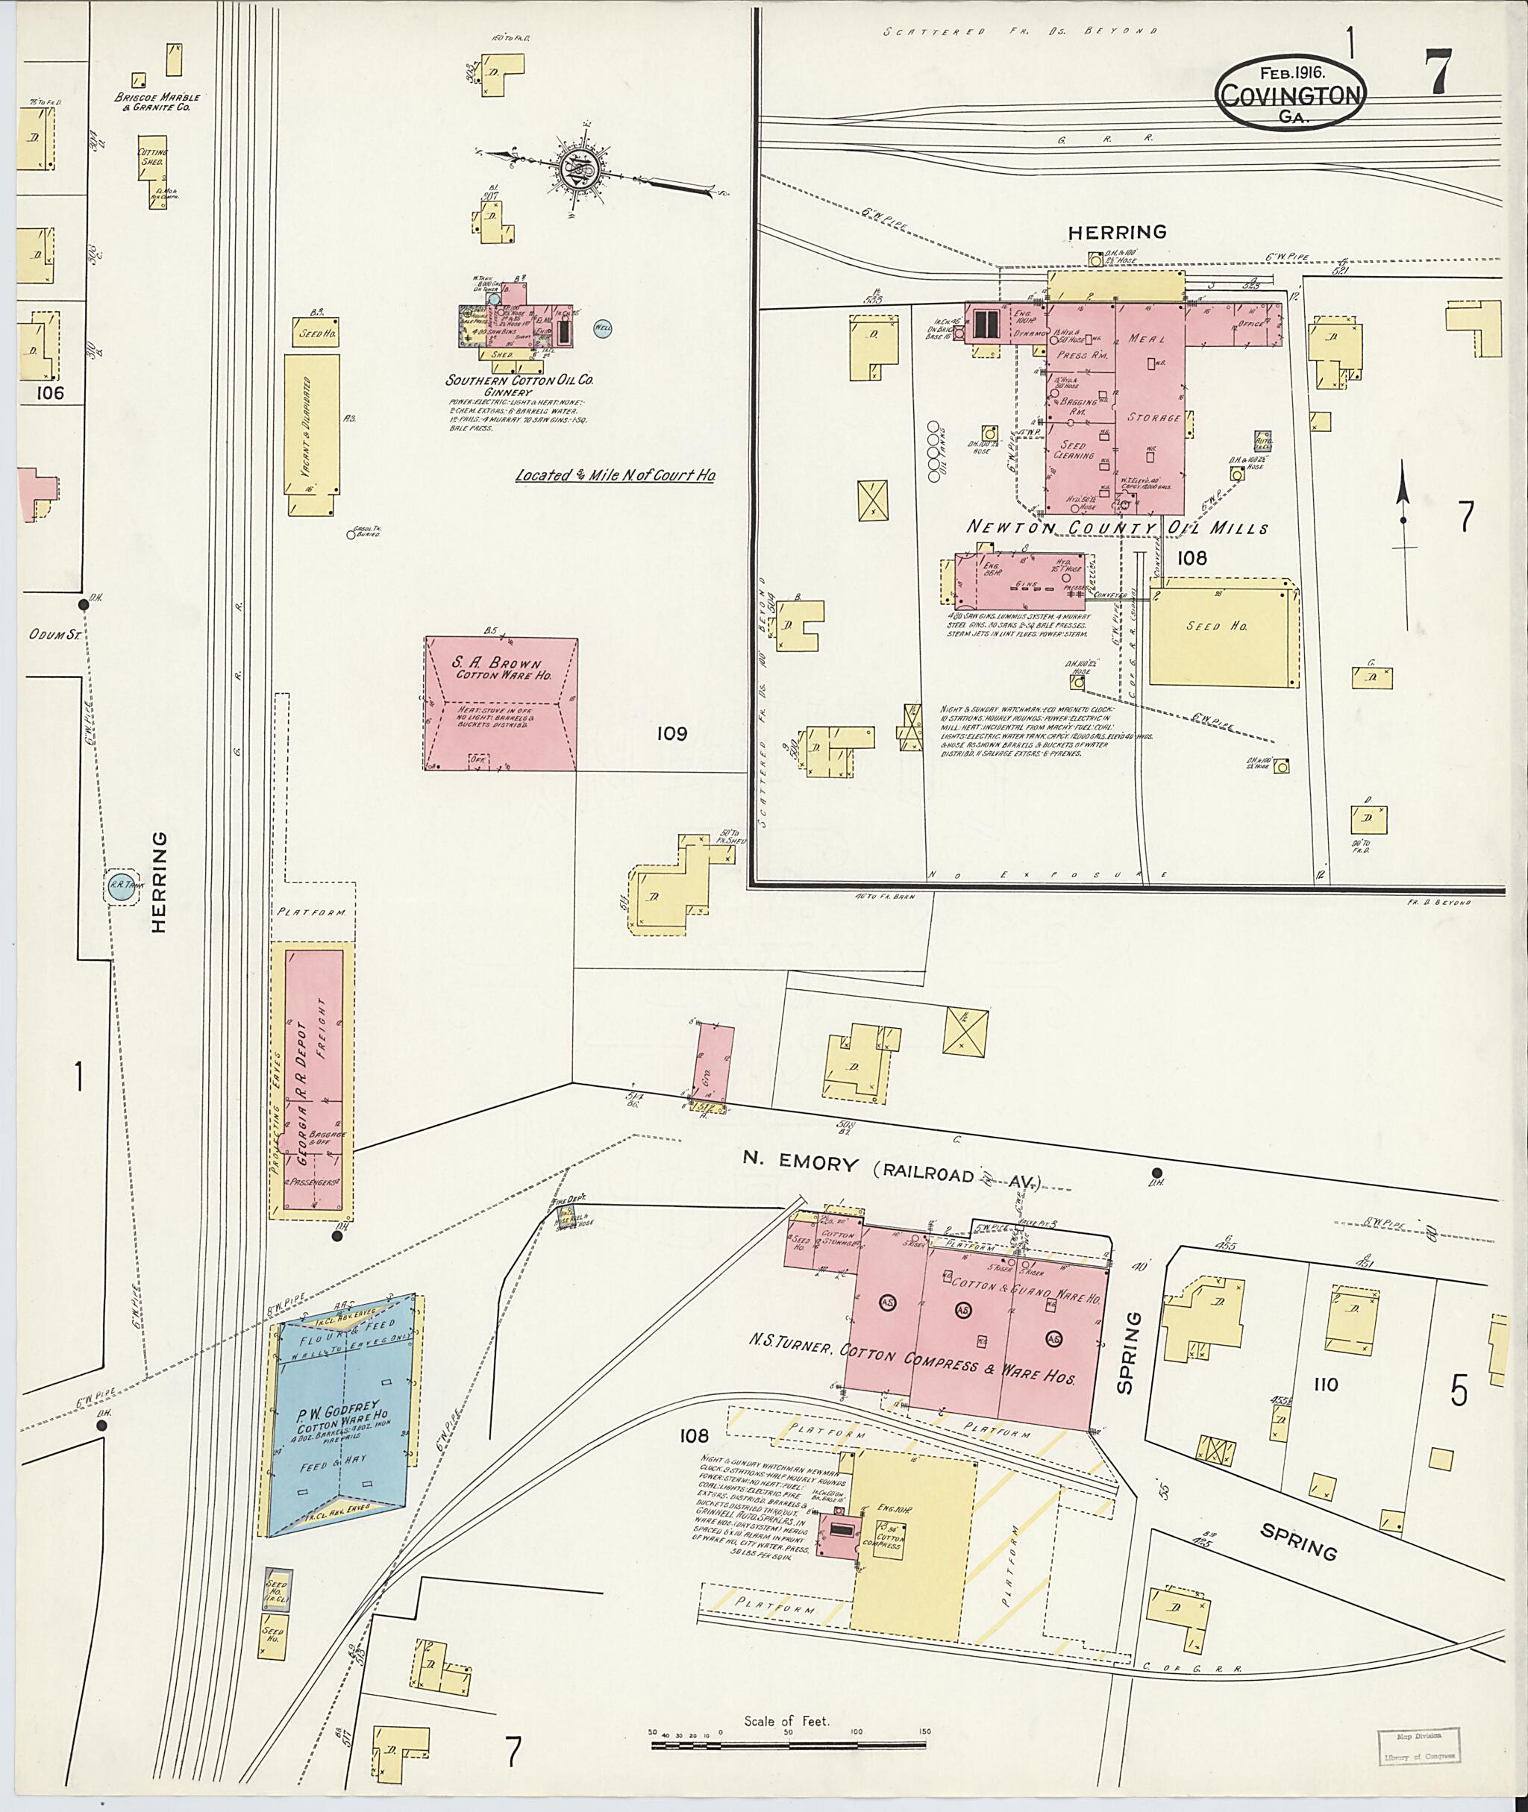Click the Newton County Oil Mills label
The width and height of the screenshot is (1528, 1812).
[x=1118, y=527]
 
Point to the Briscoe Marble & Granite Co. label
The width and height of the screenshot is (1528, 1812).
[x=157, y=102]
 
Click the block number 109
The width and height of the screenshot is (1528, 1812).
[x=671, y=733]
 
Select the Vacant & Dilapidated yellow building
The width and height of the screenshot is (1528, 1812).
[x=313, y=424]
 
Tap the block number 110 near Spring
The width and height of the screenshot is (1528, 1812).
[x=1324, y=1384]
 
